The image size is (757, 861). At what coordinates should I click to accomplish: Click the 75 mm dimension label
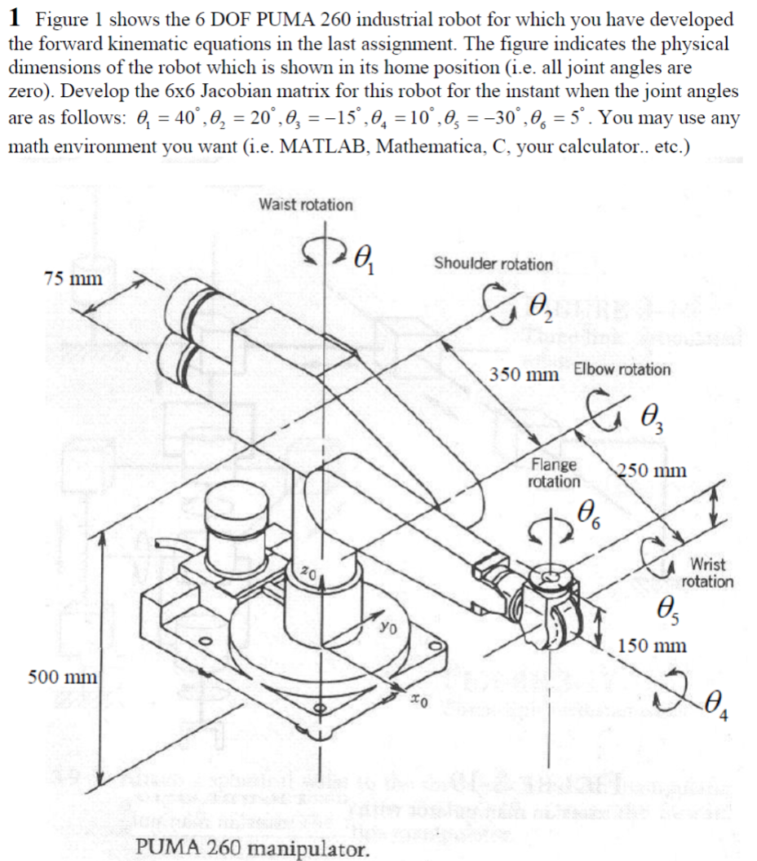click(x=73, y=277)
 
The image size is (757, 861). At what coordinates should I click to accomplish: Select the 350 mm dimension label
click(x=524, y=374)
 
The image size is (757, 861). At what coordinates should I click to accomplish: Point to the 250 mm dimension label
click(x=651, y=471)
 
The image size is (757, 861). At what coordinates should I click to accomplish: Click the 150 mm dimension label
click(x=652, y=646)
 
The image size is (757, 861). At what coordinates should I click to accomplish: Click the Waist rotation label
click(x=306, y=205)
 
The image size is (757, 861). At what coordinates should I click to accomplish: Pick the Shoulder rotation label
click(x=493, y=264)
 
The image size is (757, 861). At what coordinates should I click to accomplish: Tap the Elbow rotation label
click(x=622, y=369)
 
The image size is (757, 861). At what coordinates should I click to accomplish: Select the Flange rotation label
click(x=554, y=473)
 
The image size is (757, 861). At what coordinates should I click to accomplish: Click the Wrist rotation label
click(x=707, y=572)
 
